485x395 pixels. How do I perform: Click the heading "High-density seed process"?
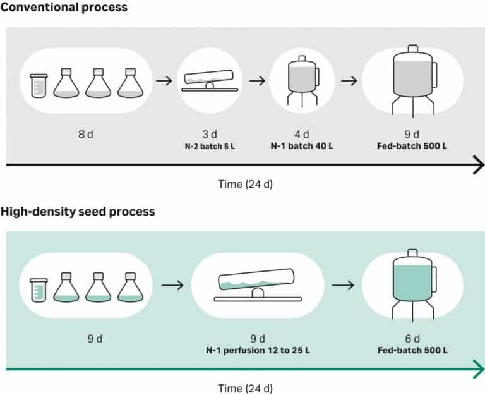tap(78, 212)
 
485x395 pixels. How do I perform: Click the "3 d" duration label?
tap(210, 134)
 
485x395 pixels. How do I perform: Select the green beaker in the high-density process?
tap(39, 288)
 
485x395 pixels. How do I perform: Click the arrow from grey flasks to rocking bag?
tap(165, 81)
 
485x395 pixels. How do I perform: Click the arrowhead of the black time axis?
tap(477, 166)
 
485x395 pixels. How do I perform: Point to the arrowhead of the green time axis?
tap(477, 369)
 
